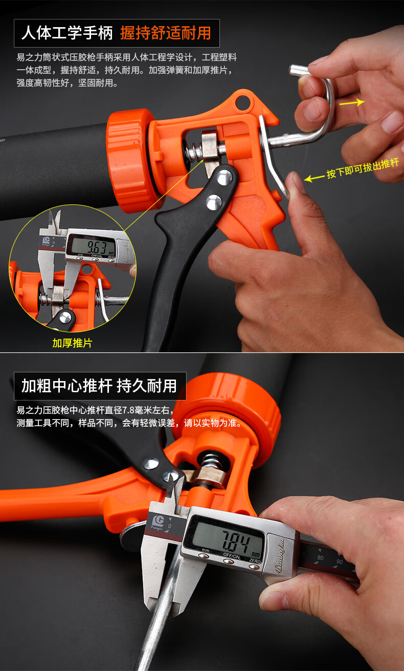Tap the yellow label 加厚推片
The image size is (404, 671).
pos(72,343)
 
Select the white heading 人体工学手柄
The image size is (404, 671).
pos(66,34)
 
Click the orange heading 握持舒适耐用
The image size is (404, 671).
pos(166,34)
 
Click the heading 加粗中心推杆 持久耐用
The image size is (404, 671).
pos(99,386)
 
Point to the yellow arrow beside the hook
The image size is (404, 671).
pos(351,102)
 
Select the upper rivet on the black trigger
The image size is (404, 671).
pos(223,178)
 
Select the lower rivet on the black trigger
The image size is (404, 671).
pos(214,202)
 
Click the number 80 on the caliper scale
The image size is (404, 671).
pos(320,557)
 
